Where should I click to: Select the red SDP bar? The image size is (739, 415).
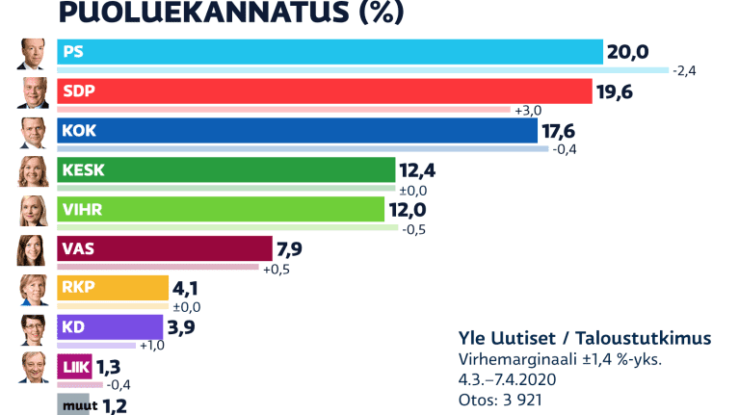pos(324,91)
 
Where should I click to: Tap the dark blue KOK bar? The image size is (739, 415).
pos(297,131)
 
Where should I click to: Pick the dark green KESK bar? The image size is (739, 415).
pos(226,170)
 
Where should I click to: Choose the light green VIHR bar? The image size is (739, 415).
pos(221,210)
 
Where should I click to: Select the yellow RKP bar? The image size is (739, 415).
pos(113,288)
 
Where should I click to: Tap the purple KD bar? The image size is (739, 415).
pos(110,327)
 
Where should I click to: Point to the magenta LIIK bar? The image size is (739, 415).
pos(75,367)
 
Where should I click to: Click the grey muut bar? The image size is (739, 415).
pos(73,404)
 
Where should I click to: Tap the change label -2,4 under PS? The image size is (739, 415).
pos(684,70)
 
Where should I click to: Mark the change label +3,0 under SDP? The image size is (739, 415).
pos(528,110)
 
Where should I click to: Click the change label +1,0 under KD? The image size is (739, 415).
pos(153,346)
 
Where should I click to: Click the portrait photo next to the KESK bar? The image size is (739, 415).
pos(34,170)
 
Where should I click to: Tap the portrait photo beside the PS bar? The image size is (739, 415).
pos(34,53)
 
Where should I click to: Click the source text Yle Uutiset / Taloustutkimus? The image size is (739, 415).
pos(586,338)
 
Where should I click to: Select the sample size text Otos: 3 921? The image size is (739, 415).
pos(506,398)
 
